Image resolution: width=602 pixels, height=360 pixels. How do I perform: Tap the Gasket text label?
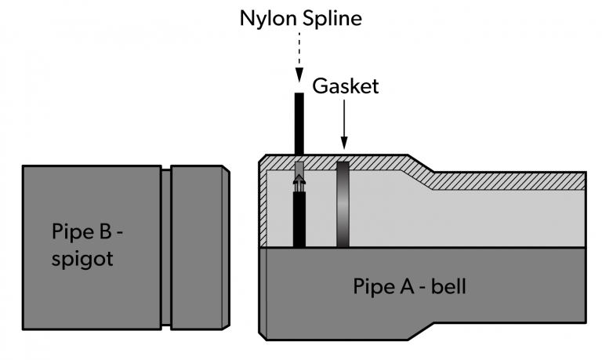(346, 86)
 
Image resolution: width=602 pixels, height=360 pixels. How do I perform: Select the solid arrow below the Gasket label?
(343, 125)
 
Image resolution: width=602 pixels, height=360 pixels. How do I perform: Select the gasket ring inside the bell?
(343, 204)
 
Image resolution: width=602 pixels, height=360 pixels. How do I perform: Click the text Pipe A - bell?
(409, 286)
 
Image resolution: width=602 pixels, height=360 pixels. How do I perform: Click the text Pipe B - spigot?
(82, 245)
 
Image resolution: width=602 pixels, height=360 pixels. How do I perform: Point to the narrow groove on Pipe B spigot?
(165, 246)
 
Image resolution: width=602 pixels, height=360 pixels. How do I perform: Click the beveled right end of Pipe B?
(226, 246)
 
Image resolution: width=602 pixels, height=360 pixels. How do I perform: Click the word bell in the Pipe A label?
(449, 286)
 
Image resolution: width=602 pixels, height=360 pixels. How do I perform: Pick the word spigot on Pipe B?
(82, 259)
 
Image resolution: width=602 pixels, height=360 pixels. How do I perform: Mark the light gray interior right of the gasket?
(470, 220)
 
